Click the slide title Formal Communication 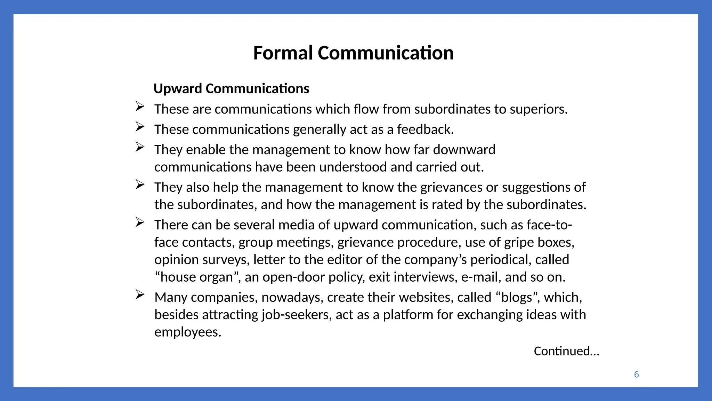(x=353, y=53)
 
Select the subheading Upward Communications (x=231, y=88)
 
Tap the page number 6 (x=636, y=374)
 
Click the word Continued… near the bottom (x=566, y=351)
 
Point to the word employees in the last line (x=187, y=332)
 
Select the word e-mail (x=481, y=277)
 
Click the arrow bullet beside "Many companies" (x=140, y=295)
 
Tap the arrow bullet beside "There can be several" (x=140, y=222)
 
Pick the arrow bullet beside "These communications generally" (x=140, y=127)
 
